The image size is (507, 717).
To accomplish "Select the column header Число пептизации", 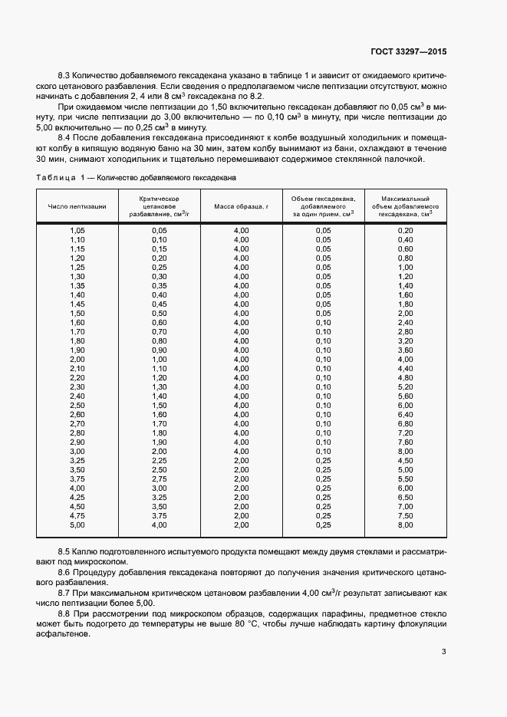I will (x=77, y=207).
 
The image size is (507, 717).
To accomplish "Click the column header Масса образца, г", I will (x=241, y=207).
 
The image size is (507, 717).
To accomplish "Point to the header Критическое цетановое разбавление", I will (x=160, y=207).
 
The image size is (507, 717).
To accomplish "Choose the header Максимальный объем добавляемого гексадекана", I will (x=405, y=207).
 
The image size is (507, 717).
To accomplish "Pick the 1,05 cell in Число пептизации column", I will (x=77, y=230).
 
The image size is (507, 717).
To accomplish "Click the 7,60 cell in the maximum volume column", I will (x=405, y=442).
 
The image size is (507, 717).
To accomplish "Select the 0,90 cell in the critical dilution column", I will (x=160, y=350).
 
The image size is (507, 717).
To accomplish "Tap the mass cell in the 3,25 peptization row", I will (x=241, y=460).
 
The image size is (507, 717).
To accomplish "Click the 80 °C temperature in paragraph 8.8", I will (x=248, y=624).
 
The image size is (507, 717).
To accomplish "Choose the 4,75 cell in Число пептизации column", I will (x=77, y=516).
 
